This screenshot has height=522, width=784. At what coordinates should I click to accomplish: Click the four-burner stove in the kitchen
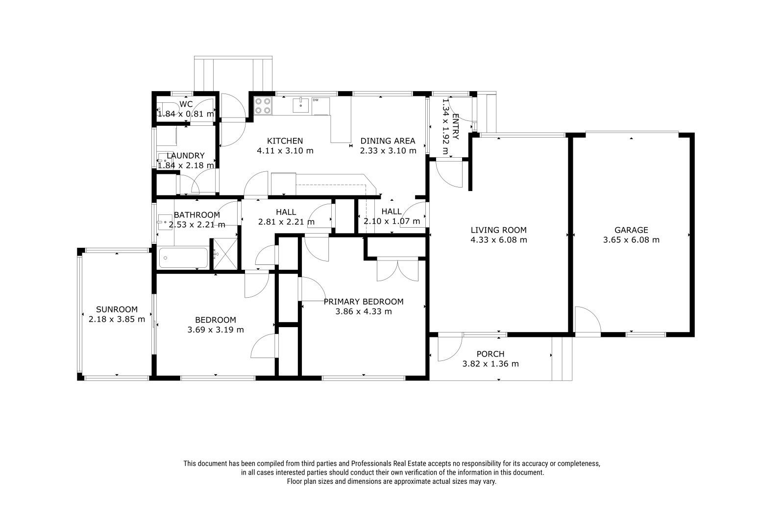[263, 106]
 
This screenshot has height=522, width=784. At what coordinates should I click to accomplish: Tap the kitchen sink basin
[301, 105]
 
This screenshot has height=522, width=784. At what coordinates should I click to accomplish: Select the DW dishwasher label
[316, 100]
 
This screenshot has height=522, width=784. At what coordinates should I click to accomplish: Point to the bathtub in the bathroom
[183, 258]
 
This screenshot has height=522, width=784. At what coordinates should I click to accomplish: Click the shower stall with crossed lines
[225, 254]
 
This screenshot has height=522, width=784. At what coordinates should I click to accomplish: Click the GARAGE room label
[631, 230]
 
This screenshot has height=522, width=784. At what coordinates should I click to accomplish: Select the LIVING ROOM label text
[498, 230]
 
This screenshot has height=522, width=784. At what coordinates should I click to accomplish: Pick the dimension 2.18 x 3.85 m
[117, 319]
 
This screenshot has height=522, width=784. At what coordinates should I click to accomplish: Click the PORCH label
[490, 354]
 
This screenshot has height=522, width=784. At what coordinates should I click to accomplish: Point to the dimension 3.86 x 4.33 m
[363, 311]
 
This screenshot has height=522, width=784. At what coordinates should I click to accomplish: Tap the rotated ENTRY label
[455, 126]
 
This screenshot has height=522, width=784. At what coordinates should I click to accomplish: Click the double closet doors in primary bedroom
[397, 270]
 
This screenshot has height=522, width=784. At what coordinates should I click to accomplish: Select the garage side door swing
[588, 321]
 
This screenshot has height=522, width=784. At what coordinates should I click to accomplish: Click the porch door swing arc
[450, 349]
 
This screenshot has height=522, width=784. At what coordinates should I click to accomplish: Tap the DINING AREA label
[388, 141]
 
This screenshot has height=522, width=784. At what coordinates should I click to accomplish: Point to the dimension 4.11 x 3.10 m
[285, 151]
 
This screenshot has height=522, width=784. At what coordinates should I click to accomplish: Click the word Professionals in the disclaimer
[371, 464]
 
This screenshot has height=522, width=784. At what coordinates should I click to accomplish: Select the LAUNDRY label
[186, 156]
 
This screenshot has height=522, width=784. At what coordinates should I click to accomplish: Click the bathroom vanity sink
[163, 222]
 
